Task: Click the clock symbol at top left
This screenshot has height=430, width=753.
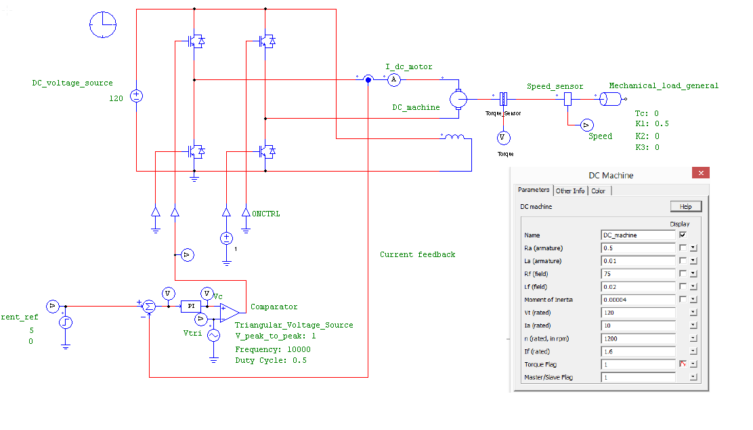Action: coord(103,24)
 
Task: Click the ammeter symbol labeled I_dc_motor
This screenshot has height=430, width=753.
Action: coord(393,79)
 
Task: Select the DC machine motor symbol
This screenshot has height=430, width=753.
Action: coord(458,99)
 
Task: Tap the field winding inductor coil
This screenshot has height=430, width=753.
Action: coord(454,138)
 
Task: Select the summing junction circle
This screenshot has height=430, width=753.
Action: coord(149,307)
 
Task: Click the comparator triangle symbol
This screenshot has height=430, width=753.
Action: coord(229,312)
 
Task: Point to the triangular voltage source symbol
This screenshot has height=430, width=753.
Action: coord(213,335)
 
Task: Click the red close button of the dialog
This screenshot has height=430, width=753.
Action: coord(700,174)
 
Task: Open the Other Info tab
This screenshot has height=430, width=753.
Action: coord(569,191)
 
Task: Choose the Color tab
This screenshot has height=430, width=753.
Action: coord(599,191)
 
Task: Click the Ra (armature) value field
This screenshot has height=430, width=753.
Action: coord(637,248)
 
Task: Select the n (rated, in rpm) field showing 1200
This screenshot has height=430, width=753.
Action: coord(637,338)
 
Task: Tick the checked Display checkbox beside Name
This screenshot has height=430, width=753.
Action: coord(683,235)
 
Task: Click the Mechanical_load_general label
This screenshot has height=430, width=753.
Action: coord(664,85)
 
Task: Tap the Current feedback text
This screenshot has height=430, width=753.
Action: coord(417,254)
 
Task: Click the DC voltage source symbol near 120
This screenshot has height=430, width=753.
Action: coord(136,96)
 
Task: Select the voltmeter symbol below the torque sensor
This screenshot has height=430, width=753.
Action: coord(502,137)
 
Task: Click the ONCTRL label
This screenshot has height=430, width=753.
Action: coord(266,214)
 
